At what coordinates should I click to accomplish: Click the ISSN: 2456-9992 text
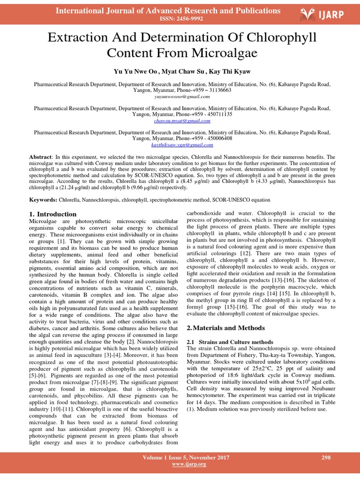coord(168,19)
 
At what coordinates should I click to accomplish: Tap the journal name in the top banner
coord(168,10)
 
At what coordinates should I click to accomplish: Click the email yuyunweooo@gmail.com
coord(182,96)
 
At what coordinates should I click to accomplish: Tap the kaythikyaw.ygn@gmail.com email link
coord(182,145)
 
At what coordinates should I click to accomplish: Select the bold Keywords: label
coord(44,199)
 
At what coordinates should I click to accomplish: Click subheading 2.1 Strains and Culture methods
coord(230,342)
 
